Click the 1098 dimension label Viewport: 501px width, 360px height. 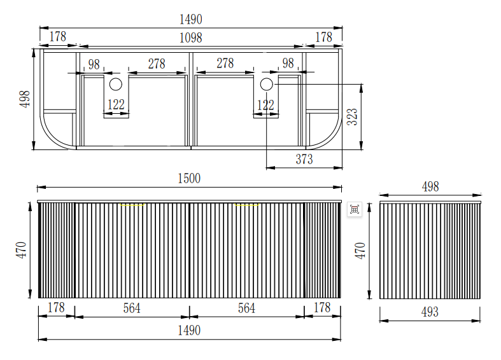pyautogui.click(x=190, y=38)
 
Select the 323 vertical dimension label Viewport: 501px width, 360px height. pyautogui.click(x=352, y=116)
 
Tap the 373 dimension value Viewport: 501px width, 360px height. pyautogui.click(x=304, y=159)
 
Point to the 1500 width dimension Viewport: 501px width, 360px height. pyautogui.click(x=189, y=179)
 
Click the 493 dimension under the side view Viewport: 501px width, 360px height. pyautogui.click(x=430, y=312)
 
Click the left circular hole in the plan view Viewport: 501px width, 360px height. pyautogui.click(x=116, y=84)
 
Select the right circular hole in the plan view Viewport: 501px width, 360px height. pyautogui.click(x=266, y=84)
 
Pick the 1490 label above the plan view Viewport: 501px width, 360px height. pyautogui.click(x=190, y=19)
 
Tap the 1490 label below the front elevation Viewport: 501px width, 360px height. pyautogui.click(x=189, y=330)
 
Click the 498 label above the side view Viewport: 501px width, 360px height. pyautogui.click(x=430, y=186)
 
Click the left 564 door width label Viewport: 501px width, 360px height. pyautogui.click(x=132, y=308)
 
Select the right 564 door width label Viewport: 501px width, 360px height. pyautogui.click(x=246, y=308)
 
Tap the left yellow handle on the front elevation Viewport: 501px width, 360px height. pyautogui.click(x=133, y=205)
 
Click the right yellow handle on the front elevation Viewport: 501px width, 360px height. pyautogui.click(x=248, y=205)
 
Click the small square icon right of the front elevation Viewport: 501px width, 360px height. pyautogui.click(x=355, y=209)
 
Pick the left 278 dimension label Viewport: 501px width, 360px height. pyautogui.click(x=157, y=64)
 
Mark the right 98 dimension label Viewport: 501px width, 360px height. pyautogui.click(x=288, y=63)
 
